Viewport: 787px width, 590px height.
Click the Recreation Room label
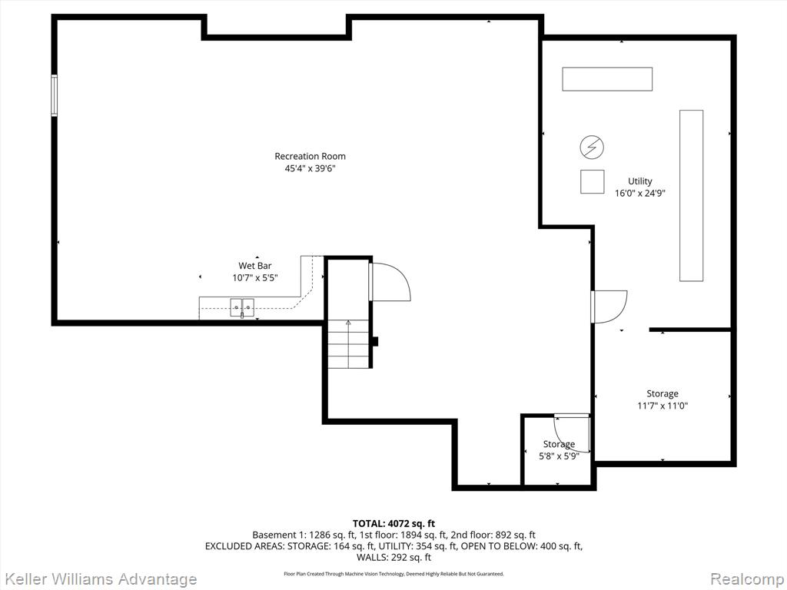click(x=310, y=157)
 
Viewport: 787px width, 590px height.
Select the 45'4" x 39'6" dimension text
click(x=310, y=169)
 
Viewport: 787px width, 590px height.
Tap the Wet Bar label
click(x=254, y=266)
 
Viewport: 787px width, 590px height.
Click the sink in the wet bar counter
click(x=243, y=307)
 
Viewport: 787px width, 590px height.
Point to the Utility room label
click(x=639, y=182)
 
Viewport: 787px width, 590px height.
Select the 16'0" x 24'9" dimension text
click(x=639, y=194)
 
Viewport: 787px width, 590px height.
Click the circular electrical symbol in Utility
click(x=592, y=146)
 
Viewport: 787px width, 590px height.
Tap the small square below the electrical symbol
click(x=592, y=181)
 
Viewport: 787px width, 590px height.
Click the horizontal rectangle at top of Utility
click(x=607, y=79)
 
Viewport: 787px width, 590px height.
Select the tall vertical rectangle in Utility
click(x=691, y=195)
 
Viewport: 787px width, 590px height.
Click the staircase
click(x=347, y=343)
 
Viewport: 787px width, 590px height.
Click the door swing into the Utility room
click(x=609, y=306)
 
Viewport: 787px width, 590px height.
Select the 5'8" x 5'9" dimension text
click(x=559, y=456)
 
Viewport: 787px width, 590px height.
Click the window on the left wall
click(x=55, y=95)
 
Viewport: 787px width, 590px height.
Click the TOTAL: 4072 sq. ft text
click(x=393, y=524)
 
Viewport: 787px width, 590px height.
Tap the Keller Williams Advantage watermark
click(x=99, y=579)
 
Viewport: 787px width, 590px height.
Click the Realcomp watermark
click(x=745, y=579)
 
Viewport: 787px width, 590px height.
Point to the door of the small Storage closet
click(x=573, y=433)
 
